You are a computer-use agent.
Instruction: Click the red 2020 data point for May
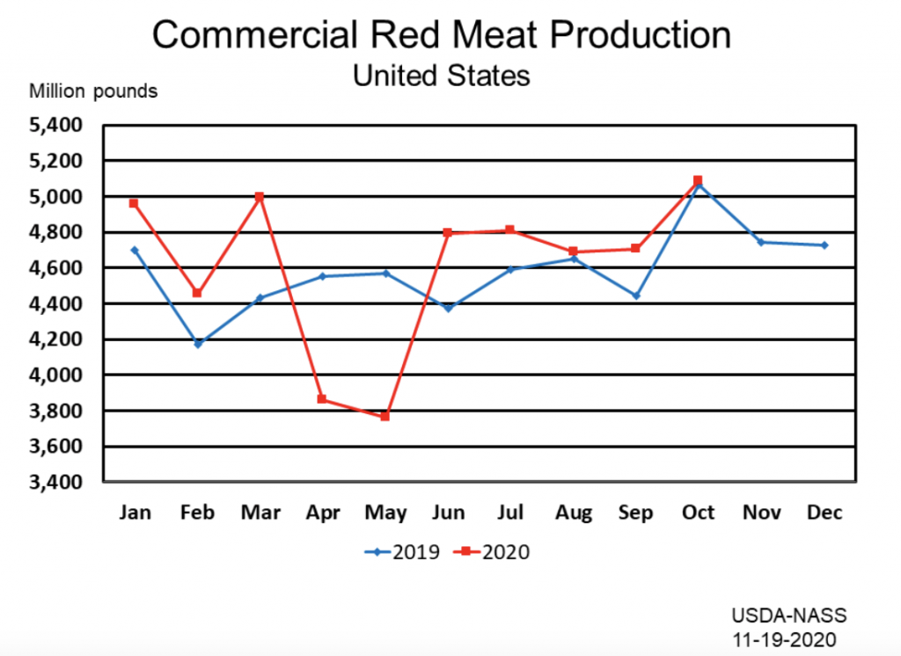coord(385,416)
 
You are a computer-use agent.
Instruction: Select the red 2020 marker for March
coord(259,197)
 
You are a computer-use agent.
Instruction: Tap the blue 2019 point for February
coord(197,344)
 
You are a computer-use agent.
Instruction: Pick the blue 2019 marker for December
coord(824,245)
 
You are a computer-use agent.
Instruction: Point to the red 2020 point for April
coord(322,399)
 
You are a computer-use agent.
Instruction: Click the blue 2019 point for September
coord(635,295)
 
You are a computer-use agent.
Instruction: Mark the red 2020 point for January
coord(134,203)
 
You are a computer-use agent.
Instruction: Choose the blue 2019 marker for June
coord(447,309)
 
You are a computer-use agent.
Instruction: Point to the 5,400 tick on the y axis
coord(55,126)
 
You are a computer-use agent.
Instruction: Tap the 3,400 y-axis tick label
coord(55,483)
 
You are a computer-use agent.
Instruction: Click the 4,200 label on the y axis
coord(55,339)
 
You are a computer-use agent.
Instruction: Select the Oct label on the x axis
coord(698,513)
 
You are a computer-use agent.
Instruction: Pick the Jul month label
coord(510,513)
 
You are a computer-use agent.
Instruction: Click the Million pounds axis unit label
coord(94,91)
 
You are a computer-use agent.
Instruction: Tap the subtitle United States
coord(441,76)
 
